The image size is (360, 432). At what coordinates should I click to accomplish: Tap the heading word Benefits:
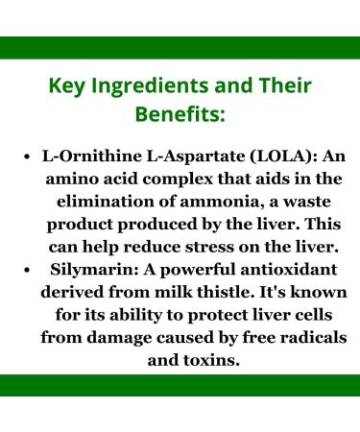(x=180, y=116)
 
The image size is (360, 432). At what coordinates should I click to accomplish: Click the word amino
(x=78, y=180)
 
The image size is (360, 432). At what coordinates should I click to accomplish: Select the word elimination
(x=108, y=203)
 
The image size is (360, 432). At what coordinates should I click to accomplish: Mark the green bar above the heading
(x=180, y=47)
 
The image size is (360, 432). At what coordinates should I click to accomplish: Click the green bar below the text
(x=180, y=385)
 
